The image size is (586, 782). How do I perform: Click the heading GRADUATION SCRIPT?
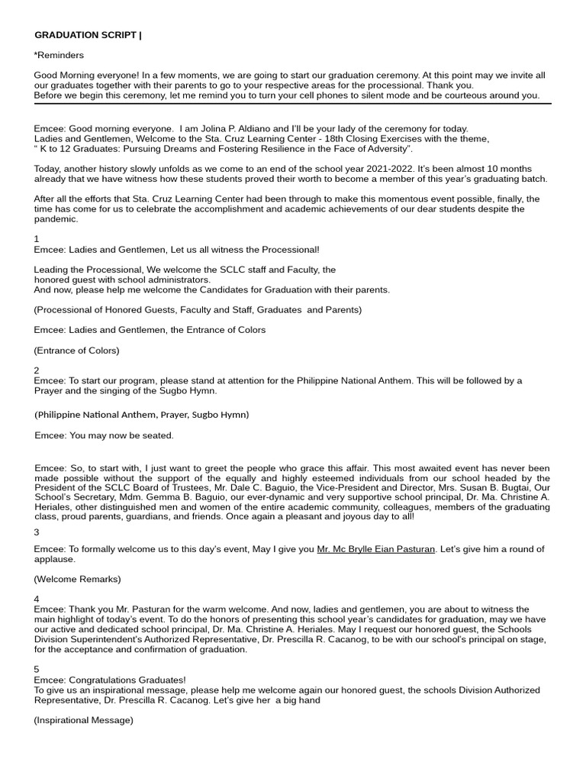86,35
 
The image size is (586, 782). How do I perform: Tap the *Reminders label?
59,55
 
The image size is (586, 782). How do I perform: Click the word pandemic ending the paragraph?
56,219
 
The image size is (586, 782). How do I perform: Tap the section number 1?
37,239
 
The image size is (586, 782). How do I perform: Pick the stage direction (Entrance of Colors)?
76,351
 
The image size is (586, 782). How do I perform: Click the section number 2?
37,370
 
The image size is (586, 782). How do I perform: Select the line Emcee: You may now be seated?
104,435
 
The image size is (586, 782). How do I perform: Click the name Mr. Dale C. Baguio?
272,479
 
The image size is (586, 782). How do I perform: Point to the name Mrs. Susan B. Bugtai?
479,479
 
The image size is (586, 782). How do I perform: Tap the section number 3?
37,532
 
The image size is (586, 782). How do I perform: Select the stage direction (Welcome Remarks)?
77,579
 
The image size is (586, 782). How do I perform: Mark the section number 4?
37,599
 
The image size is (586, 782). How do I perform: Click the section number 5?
37,669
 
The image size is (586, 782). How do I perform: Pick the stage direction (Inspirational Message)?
83,720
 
